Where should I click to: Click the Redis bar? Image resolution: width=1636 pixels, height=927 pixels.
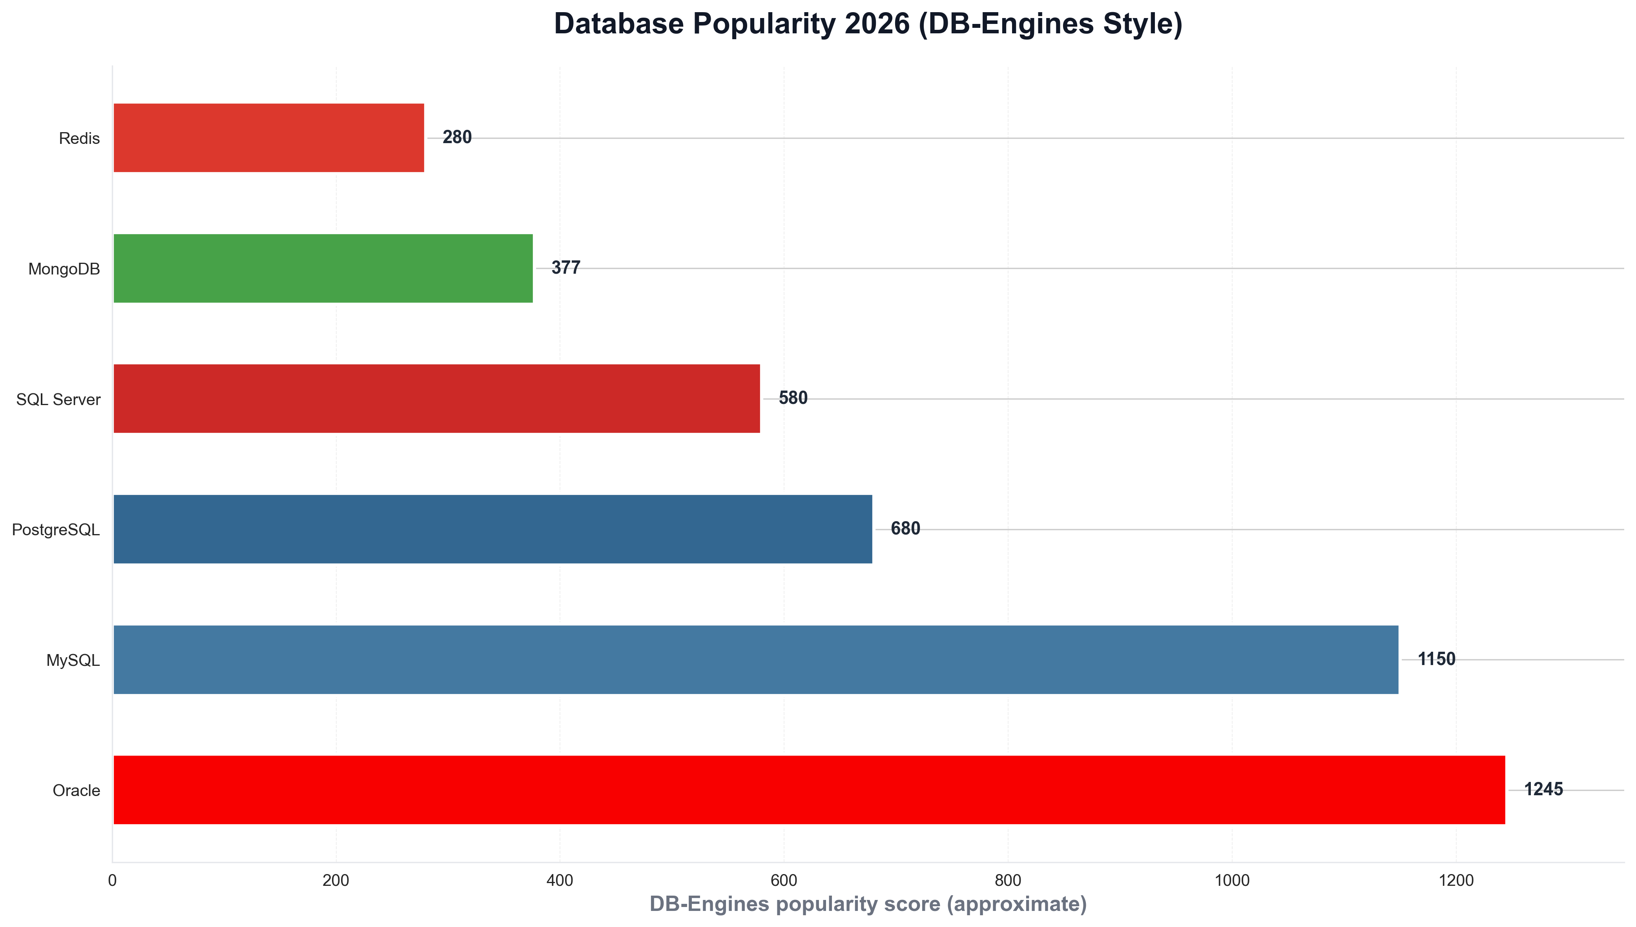(x=268, y=138)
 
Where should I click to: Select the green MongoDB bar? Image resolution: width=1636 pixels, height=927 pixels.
(x=323, y=268)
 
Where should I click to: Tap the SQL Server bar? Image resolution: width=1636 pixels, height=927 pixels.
(x=436, y=398)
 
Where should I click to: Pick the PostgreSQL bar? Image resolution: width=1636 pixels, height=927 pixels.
(x=492, y=529)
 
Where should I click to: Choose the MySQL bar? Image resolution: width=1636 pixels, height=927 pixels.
(x=755, y=660)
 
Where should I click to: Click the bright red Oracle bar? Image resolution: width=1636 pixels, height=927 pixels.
(x=809, y=789)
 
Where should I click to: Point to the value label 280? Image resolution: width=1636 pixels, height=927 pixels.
(x=457, y=138)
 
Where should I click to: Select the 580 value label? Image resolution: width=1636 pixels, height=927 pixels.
(x=793, y=398)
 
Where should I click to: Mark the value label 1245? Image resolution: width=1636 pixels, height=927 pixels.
(x=1543, y=789)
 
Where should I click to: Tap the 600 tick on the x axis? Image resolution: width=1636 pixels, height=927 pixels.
(x=784, y=880)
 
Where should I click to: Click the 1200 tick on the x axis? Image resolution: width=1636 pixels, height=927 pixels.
(x=1456, y=880)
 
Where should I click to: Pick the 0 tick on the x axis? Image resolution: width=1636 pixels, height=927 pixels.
(x=112, y=880)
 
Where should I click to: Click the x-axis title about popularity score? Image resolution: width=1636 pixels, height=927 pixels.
(x=868, y=904)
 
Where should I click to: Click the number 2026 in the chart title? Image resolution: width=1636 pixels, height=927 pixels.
(x=877, y=24)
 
